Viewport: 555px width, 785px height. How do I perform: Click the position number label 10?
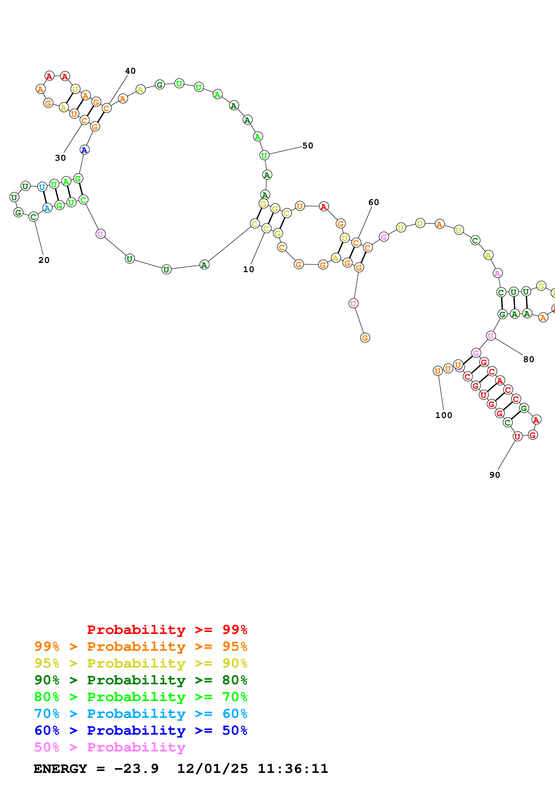249,269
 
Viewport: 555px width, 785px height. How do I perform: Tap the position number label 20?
44,260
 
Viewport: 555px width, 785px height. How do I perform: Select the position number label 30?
60,158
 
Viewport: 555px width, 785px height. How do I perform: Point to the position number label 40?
130,71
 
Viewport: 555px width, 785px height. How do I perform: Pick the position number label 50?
308,146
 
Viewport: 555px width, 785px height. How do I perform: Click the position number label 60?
374,203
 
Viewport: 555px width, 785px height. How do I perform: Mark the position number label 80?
529,359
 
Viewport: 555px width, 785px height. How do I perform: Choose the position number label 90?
495,475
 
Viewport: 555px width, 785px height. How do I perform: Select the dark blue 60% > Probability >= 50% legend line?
141,731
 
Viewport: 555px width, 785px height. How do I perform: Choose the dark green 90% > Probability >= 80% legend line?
141,680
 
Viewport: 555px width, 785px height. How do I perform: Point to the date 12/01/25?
212,769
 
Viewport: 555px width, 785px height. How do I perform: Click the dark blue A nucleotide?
84,150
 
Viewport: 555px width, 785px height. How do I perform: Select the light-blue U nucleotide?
42,187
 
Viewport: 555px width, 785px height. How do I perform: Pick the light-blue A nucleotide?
47,208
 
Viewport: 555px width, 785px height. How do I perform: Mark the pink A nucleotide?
497,273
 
